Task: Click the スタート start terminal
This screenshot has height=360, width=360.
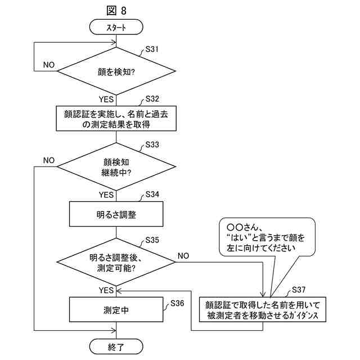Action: coord(116,26)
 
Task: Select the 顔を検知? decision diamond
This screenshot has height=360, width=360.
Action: coord(116,71)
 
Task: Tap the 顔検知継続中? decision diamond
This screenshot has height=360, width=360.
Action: coord(116,166)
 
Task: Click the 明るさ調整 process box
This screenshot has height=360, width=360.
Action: coord(116,214)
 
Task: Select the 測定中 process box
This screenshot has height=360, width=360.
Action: coord(116,310)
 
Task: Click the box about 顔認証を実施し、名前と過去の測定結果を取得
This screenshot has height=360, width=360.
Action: coord(116,119)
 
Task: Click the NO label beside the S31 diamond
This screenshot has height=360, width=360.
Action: coord(49,65)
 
